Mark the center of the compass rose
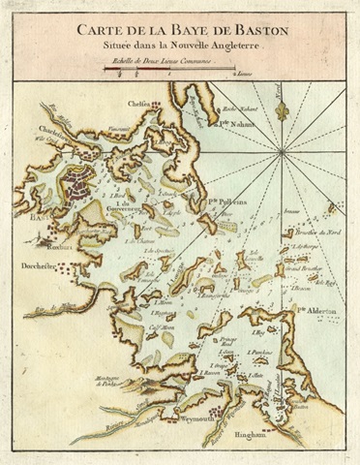point(282,152)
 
